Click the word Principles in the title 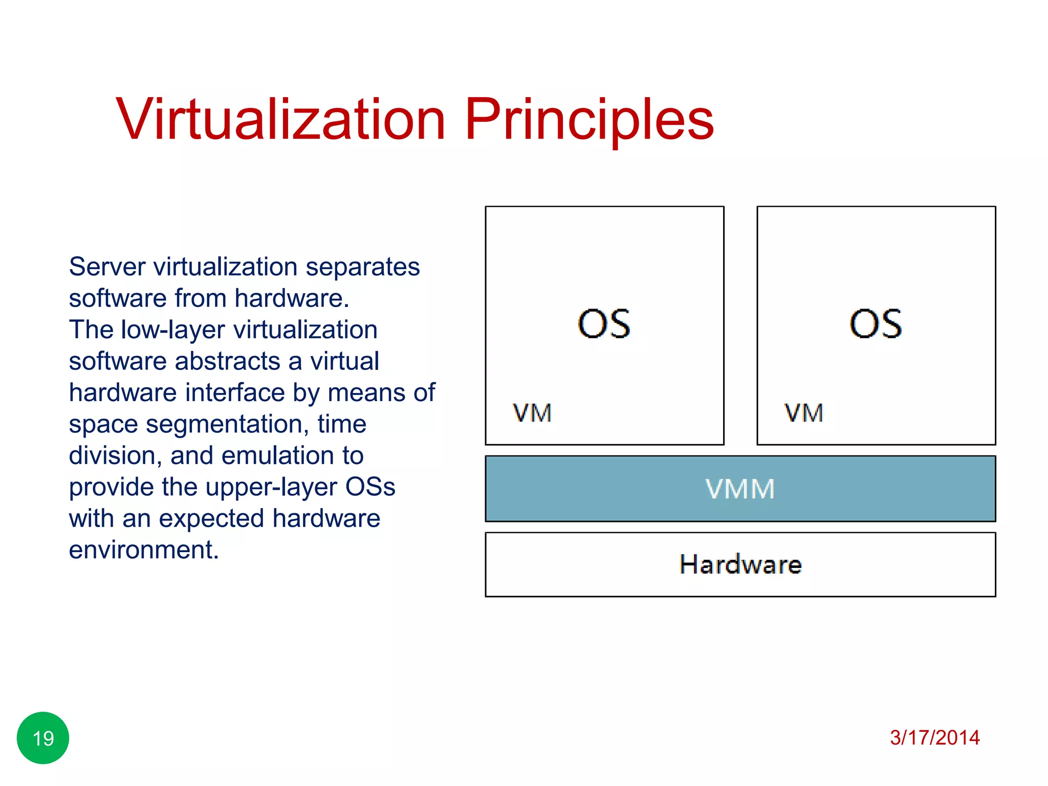tap(588, 121)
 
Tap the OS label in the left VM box tap(604, 324)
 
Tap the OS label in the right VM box tap(876, 324)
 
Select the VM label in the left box tap(532, 413)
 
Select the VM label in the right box tap(804, 413)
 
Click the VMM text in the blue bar tap(740, 489)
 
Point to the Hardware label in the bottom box tap(740, 564)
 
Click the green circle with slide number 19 tap(43, 738)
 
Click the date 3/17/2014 tap(934, 737)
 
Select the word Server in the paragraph tap(107, 267)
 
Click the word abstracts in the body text tap(228, 361)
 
